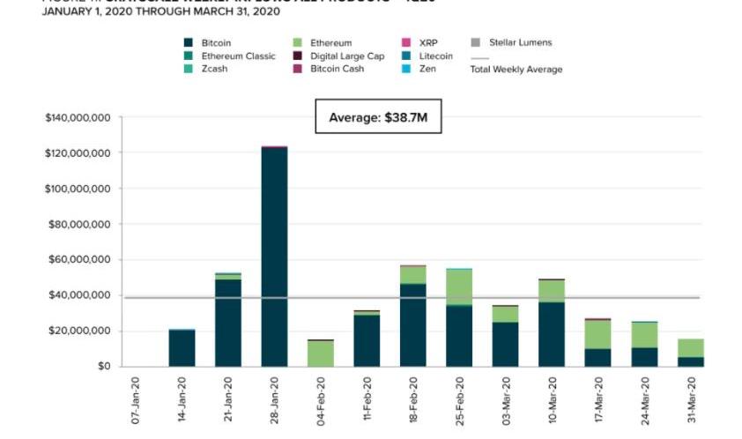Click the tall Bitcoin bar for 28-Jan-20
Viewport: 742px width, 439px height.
click(x=274, y=256)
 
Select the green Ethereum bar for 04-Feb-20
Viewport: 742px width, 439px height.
click(x=321, y=353)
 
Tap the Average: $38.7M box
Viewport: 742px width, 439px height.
click(x=378, y=117)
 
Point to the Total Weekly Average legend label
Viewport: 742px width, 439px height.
click(x=516, y=70)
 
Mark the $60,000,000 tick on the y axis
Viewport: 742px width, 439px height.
click(x=80, y=260)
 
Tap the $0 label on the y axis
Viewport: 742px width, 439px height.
click(x=103, y=367)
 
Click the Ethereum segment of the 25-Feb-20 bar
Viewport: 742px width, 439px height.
click(x=459, y=287)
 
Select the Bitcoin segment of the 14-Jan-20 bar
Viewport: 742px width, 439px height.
click(x=182, y=348)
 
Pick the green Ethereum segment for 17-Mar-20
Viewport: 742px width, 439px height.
click(x=598, y=334)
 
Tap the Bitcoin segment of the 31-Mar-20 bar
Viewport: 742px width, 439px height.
click(x=691, y=361)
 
